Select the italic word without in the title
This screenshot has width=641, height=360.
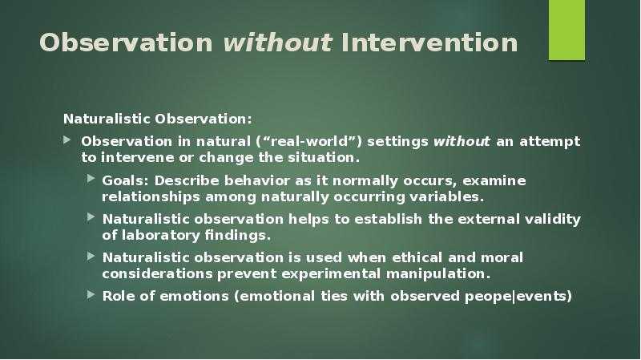[277, 42]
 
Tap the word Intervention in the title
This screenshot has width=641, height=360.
[429, 42]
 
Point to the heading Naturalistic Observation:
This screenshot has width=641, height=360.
[158, 119]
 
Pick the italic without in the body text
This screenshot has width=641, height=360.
[462, 141]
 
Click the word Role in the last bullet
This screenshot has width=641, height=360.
[118, 296]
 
